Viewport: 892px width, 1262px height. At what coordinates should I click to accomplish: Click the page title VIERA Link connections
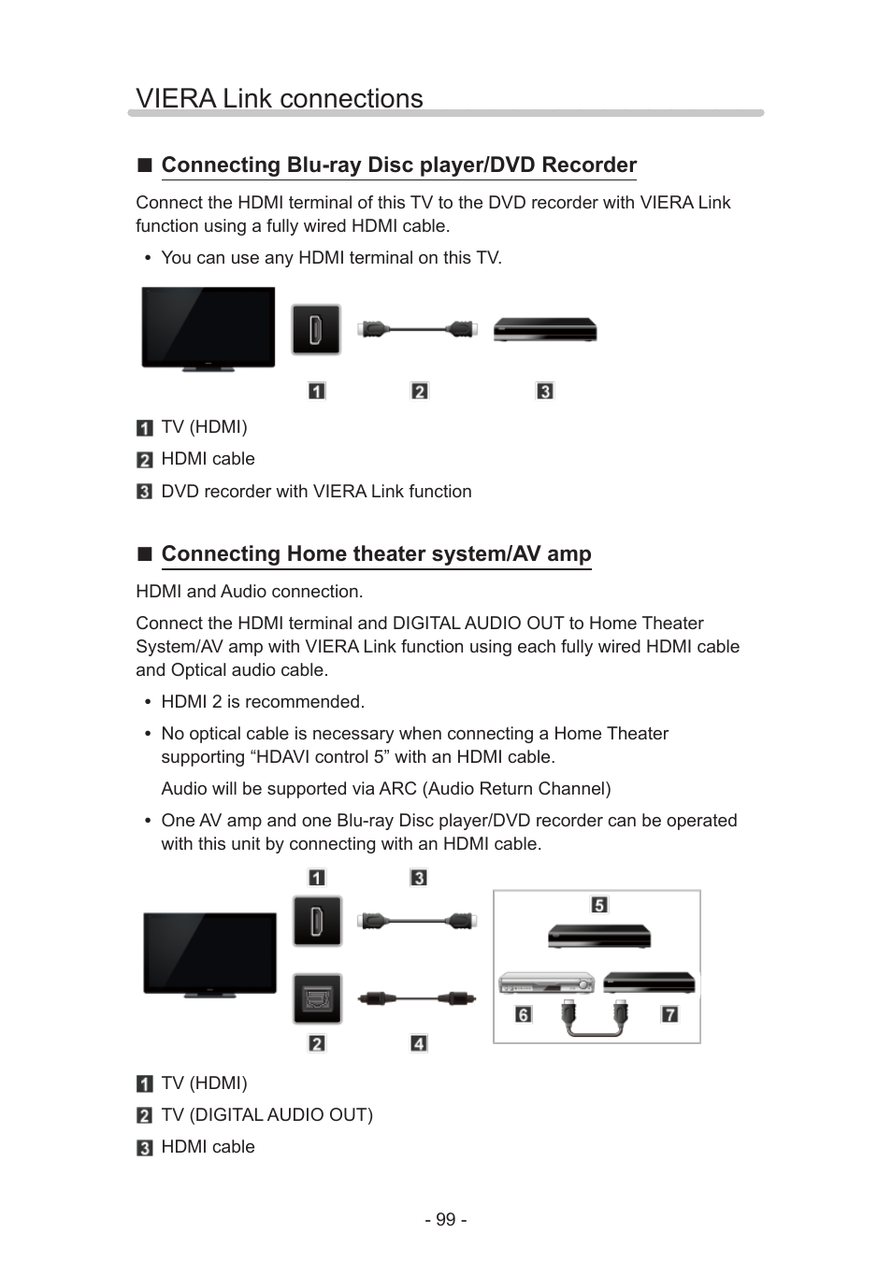(x=279, y=98)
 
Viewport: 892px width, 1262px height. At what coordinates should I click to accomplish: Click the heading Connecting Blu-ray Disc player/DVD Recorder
(x=398, y=165)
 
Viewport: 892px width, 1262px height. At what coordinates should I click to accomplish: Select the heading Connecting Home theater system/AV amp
(x=376, y=554)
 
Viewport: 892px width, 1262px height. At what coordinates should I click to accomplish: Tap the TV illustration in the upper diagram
(x=208, y=328)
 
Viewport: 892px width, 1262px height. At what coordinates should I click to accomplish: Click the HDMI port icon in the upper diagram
(x=316, y=330)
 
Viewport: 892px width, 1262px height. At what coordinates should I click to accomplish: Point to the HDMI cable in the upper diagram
(x=418, y=329)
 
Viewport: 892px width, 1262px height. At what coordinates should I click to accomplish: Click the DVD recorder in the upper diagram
(x=545, y=330)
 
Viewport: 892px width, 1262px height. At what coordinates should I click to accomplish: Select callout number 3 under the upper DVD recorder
(x=545, y=391)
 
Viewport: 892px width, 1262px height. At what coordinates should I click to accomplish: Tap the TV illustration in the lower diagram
(x=209, y=954)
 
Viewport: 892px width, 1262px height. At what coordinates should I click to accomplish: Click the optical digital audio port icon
(x=317, y=998)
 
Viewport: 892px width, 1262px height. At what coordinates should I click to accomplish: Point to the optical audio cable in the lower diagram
(x=418, y=997)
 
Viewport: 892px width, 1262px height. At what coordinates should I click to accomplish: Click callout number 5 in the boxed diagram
(x=599, y=904)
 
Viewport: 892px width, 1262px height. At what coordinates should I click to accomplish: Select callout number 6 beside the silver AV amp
(x=524, y=1014)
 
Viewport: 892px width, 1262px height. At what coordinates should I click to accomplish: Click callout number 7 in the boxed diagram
(x=669, y=1014)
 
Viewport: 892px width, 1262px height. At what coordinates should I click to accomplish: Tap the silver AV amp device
(x=546, y=983)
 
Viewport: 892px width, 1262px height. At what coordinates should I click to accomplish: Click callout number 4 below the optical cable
(x=419, y=1043)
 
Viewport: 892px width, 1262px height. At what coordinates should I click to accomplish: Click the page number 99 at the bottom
(x=446, y=1220)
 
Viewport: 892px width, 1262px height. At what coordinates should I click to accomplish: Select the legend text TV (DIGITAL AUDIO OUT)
(x=266, y=1115)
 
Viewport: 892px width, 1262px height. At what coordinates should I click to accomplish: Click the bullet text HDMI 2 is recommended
(x=263, y=702)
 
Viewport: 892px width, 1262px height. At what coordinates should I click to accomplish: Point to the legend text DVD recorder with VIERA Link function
(x=316, y=492)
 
